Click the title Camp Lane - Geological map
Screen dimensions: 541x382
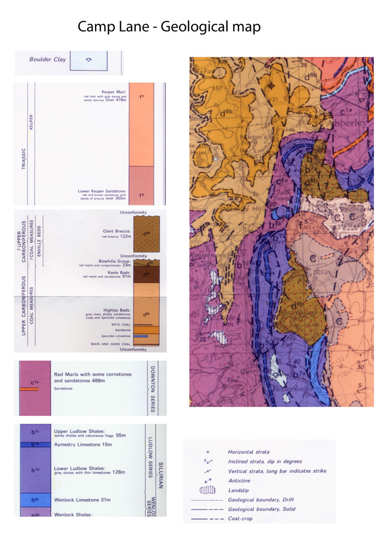click(169, 26)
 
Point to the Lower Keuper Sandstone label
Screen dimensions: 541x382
click(103, 191)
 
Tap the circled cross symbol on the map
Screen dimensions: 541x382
click(271, 86)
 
